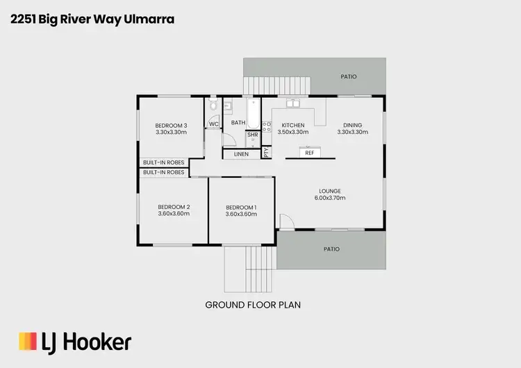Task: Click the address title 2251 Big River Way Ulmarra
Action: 92,19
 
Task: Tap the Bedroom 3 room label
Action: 171,125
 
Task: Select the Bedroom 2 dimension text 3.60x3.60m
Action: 174,214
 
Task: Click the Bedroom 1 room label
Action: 241,208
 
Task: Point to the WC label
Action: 213,124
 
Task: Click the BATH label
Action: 238,123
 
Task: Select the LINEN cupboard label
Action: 241,153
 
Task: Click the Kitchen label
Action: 292,125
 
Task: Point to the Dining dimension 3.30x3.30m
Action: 349,132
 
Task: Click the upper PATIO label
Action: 349,77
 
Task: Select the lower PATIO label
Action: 330,248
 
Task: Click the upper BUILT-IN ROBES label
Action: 163,162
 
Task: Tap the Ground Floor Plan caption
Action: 253,304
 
